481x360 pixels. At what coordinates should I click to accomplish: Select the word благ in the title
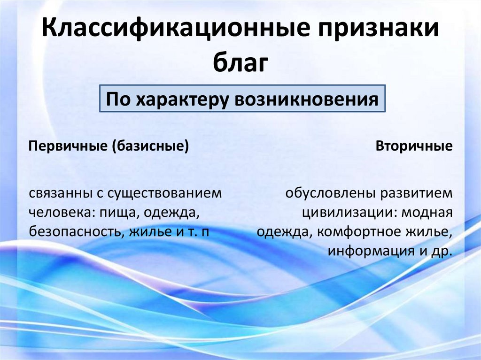[x=240, y=62]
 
